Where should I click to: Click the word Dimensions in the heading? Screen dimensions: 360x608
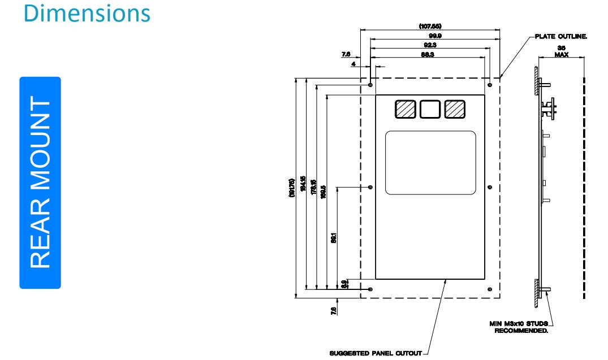tap(87, 13)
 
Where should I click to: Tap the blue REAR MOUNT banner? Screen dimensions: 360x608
tap(40, 183)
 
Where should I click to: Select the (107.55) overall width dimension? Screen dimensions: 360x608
tap(430, 27)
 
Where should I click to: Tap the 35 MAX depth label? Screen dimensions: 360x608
tap(561, 51)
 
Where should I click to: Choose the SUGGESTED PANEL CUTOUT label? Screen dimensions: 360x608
tap(375, 353)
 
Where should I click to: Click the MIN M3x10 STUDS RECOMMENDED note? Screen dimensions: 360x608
tap(519, 327)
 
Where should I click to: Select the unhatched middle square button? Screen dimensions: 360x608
tap(430, 109)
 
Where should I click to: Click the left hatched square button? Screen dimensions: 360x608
tap(405, 109)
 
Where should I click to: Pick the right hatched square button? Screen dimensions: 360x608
tap(455, 109)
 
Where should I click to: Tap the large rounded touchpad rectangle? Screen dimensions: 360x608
tap(430, 162)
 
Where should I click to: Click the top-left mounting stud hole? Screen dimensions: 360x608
tap(370, 85)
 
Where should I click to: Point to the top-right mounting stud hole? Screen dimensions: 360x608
tap(490, 85)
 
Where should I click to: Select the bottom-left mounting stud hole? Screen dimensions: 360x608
tap(370, 289)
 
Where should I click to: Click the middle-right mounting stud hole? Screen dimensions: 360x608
tap(490, 187)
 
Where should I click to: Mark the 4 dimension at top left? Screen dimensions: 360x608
tap(353, 64)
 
